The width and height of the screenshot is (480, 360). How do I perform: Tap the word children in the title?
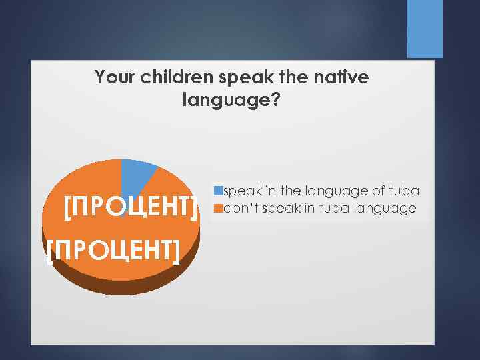pos(175,78)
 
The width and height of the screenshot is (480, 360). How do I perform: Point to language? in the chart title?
pos(231,101)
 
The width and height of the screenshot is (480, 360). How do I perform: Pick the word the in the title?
pos(295,78)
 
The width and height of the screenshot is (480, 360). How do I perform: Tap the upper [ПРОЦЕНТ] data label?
pos(131,207)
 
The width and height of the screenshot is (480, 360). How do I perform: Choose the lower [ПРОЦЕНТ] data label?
pos(114,252)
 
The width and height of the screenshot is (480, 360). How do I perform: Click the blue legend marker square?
pos(217,191)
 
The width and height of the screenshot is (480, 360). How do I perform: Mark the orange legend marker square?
pos(217,209)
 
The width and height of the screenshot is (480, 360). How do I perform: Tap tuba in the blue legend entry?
pos(405,191)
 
